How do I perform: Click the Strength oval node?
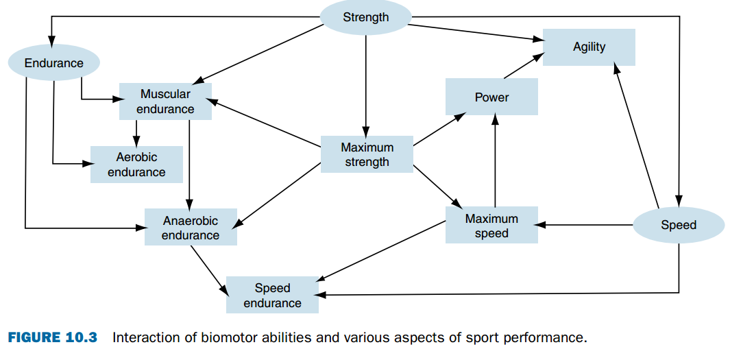point(366,17)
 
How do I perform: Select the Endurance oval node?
point(54,63)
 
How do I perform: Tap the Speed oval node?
point(678,225)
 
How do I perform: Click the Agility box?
point(589,47)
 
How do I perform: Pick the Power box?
point(491,97)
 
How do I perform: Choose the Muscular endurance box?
point(165,101)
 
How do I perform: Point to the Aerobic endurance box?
point(136,165)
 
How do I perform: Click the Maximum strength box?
point(367,154)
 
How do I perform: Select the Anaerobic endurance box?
point(191,227)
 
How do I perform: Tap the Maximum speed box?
point(491,226)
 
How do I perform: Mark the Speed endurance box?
point(272,296)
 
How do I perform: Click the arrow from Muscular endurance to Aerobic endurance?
point(136,133)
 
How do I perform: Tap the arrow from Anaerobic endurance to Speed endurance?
point(210,269)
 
